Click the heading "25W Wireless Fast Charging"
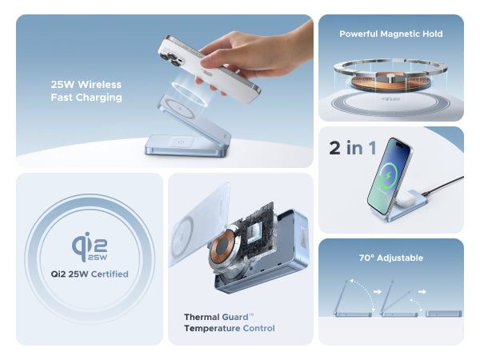pyautogui.click(x=86, y=91)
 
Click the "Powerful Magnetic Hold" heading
pyautogui.click(x=391, y=34)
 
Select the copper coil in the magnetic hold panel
pyautogui.click(x=390, y=82)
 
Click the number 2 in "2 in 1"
pyautogui.click(x=335, y=148)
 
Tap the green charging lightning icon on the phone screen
pyautogui.click(x=388, y=176)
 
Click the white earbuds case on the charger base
pyautogui.click(x=406, y=198)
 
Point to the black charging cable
pyautogui.click(x=442, y=186)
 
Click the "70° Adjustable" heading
pyautogui.click(x=391, y=258)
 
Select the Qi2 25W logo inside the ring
pyautogui.click(x=90, y=246)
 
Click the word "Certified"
pyautogui.click(x=110, y=274)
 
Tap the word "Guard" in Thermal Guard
pyautogui.click(x=235, y=317)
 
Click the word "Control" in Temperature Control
pyautogui.click(x=258, y=329)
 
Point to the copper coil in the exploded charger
pyautogui.click(x=222, y=247)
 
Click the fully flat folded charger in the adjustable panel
pyautogui.click(x=443, y=314)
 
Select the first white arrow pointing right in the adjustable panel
pyautogui.click(x=378, y=292)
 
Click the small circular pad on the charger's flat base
pyautogui.click(x=181, y=142)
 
